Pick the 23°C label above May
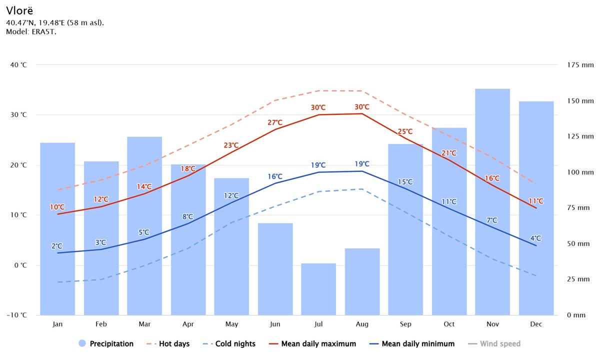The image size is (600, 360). click(231, 145)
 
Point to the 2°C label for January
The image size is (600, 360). click(57, 246)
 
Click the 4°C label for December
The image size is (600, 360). click(535, 238)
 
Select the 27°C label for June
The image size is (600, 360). click(275, 122)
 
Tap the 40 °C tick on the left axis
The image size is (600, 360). click(17, 65)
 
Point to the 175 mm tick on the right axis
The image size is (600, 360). click(580, 65)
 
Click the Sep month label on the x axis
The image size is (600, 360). click(405, 324)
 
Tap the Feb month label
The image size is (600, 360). click(101, 324)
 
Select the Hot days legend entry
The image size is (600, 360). click(174, 344)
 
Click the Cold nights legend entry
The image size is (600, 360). click(235, 344)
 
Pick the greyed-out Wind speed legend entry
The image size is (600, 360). click(500, 344)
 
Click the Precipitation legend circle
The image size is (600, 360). click(82, 343)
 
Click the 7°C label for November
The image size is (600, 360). click(492, 220)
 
